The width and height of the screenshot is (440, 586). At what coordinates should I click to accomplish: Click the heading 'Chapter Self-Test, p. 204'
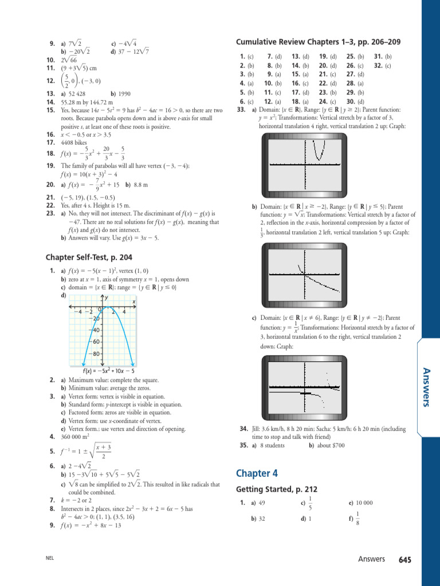click(x=89, y=258)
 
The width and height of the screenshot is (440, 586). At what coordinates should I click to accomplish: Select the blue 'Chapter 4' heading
click(x=257, y=473)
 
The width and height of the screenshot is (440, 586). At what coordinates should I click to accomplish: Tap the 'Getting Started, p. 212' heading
click(x=277, y=489)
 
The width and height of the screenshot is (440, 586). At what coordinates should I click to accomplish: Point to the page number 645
click(x=405, y=559)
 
